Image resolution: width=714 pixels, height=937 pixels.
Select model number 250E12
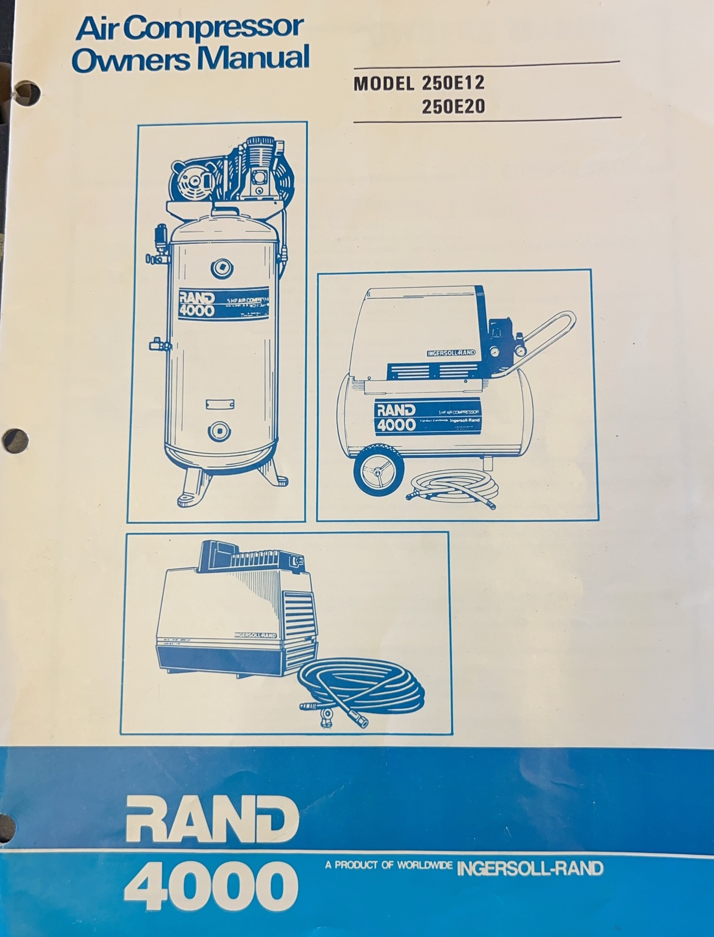[453, 85]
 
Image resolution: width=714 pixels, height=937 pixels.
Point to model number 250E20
[453, 107]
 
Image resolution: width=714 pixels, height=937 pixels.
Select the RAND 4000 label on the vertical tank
[197, 304]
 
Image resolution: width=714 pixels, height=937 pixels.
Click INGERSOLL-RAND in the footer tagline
[530, 867]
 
